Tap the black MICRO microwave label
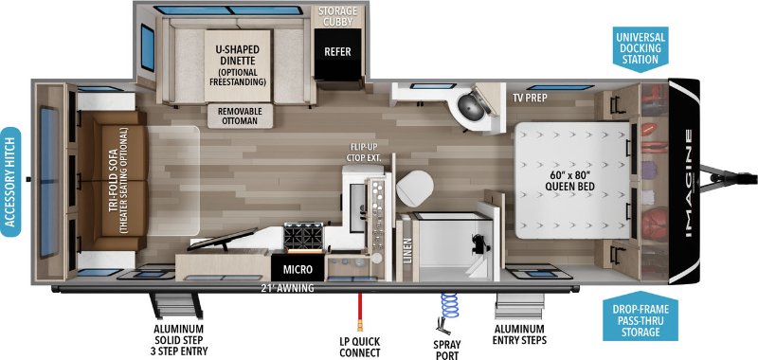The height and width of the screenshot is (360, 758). coord(298,269)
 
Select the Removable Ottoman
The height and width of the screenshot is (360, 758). coord(241,116)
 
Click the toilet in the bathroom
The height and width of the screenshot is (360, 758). coord(414,189)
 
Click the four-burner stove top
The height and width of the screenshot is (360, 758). coord(303,237)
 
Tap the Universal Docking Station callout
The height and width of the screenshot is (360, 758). coord(641,47)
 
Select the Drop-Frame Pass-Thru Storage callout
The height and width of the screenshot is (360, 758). coord(641,315)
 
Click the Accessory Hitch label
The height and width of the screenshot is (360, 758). coord(10,182)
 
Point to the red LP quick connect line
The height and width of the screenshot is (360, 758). coord(359,310)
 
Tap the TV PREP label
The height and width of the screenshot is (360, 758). coord(530,99)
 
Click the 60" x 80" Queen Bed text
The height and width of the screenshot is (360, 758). coord(568,181)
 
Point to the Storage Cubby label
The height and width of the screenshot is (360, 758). coord(337,15)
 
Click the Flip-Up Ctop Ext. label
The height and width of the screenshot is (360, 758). coord(364,152)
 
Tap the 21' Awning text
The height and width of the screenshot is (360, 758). coord(287,289)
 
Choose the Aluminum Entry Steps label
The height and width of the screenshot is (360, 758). coord(519,334)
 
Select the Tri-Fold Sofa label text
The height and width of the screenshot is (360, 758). coord(118,181)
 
